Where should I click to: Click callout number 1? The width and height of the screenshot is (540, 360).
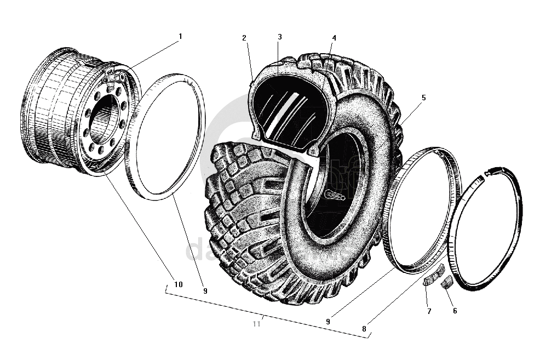pyautogui.click(x=180, y=36)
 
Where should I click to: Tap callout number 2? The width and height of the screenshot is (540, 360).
pyautogui.click(x=244, y=38)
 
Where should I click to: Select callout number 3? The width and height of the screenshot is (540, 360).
pyautogui.click(x=279, y=37)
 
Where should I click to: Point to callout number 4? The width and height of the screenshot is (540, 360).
pyautogui.click(x=334, y=38)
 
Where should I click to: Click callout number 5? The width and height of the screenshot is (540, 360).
pyautogui.click(x=423, y=98)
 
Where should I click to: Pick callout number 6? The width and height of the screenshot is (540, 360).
pyautogui.click(x=455, y=311)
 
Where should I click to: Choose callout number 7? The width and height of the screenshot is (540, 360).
pyautogui.click(x=429, y=311)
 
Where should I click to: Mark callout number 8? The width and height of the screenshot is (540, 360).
pyautogui.click(x=364, y=329)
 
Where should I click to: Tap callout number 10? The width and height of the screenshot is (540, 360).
pyautogui.click(x=179, y=284)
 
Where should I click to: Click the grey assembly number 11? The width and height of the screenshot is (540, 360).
pyautogui.click(x=256, y=324)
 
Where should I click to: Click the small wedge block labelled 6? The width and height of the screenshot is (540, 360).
pyautogui.click(x=446, y=283)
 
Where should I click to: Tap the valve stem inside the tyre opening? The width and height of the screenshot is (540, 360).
pyautogui.click(x=334, y=196)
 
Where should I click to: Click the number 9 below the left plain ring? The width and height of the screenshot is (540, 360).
pyautogui.click(x=205, y=291)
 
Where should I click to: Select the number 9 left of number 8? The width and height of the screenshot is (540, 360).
pyautogui.click(x=328, y=322)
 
